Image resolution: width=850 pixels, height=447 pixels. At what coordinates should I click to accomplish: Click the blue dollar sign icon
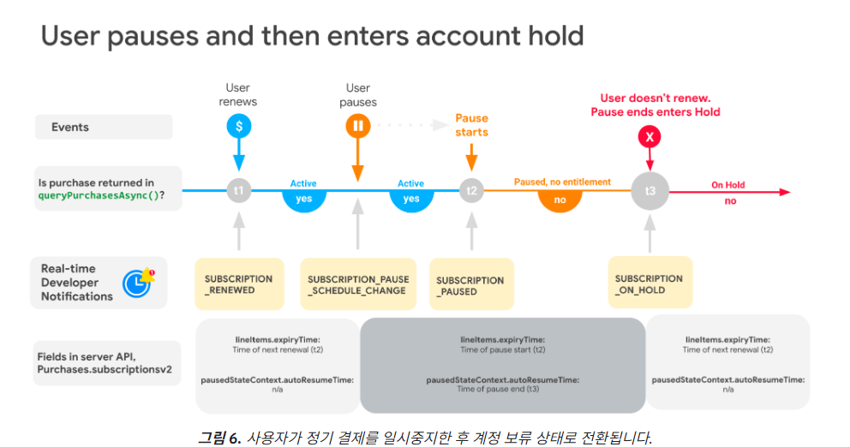tap(238, 126)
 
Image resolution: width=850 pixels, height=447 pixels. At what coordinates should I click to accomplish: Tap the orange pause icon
tap(358, 126)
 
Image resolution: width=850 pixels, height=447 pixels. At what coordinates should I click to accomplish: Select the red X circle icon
tap(649, 136)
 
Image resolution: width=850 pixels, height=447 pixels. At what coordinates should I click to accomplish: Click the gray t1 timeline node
tap(238, 190)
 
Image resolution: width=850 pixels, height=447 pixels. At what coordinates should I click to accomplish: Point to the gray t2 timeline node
tap(471, 190)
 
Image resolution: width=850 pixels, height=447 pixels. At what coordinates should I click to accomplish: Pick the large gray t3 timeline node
tap(650, 191)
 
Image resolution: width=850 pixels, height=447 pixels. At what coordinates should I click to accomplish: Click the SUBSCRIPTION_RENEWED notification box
tap(239, 284)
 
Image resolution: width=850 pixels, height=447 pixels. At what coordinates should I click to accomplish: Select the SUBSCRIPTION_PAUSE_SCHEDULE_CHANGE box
tap(358, 284)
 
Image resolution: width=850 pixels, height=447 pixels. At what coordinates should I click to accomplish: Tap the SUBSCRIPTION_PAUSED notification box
tap(471, 284)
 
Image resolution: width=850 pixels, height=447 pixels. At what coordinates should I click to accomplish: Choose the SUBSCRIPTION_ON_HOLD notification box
tap(650, 283)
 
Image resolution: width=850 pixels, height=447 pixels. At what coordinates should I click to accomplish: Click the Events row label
tap(104, 127)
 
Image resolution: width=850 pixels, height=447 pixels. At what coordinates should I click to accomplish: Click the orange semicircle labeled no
tap(560, 201)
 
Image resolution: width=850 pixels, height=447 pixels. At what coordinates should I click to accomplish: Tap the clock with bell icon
tap(138, 283)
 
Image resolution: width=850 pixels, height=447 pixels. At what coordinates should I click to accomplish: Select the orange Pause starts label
tap(471, 125)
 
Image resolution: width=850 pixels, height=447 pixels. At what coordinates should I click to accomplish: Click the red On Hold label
tap(728, 185)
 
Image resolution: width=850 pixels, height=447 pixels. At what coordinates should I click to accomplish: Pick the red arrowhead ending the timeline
tap(785, 192)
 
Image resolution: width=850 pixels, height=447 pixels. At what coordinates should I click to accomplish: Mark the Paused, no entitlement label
tap(562, 182)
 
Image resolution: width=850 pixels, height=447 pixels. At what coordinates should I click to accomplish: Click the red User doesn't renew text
tap(655, 98)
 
